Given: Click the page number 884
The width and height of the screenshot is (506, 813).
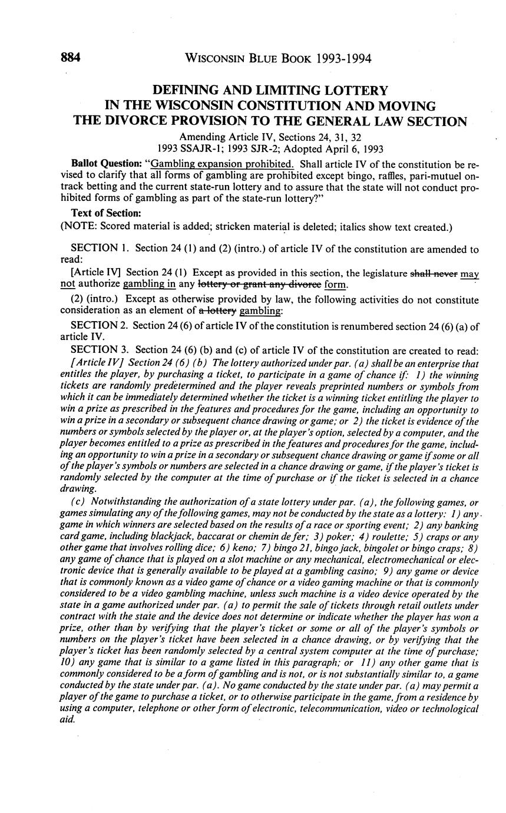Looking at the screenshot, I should coord(70,58).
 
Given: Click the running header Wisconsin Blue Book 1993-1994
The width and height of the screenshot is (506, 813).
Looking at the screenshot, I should coord(278,58).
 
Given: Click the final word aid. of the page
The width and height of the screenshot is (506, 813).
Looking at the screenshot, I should coord(68,719).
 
